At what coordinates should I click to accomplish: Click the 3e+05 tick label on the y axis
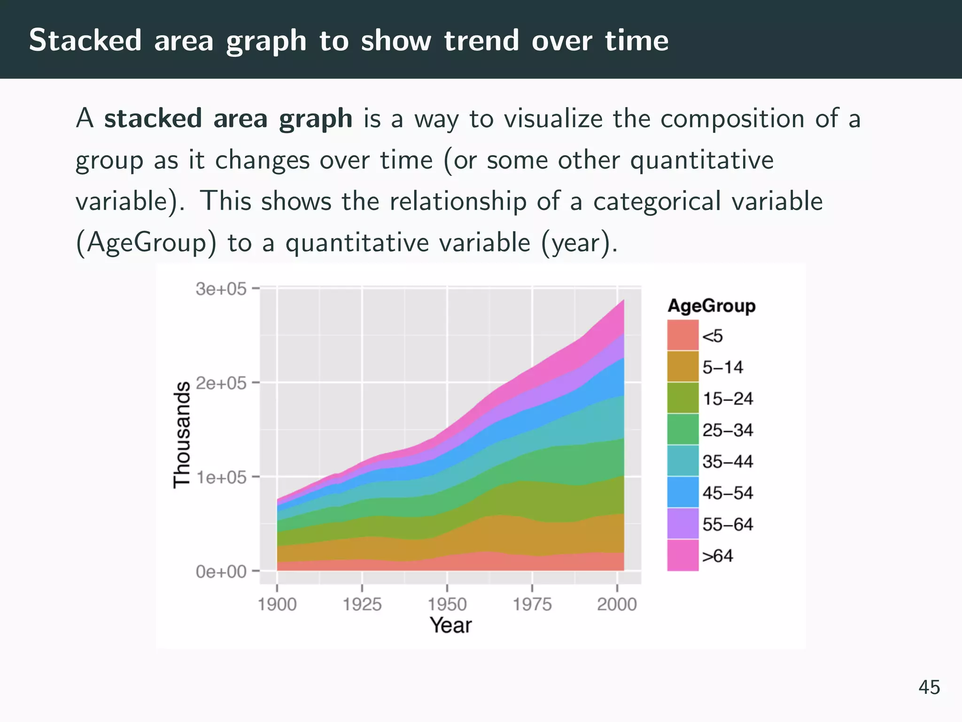tap(221, 289)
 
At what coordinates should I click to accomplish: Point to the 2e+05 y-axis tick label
tap(221, 383)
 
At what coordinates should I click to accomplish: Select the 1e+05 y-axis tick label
tap(221, 478)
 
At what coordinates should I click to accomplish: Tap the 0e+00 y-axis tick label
tap(221, 572)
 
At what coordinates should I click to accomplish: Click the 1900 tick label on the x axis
tap(277, 604)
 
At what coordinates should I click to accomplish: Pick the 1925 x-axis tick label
tap(362, 604)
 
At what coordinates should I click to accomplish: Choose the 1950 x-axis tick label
tap(447, 604)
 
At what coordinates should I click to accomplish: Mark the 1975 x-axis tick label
tap(532, 604)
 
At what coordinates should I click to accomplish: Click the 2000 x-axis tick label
tap(617, 604)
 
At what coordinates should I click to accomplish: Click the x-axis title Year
tap(450, 626)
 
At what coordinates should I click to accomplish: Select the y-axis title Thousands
tap(182, 435)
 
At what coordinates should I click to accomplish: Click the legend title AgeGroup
tap(711, 306)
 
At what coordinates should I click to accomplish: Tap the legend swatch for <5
tap(683, 335)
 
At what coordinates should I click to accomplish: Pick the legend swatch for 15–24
tap(683, 398)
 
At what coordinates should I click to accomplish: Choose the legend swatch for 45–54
tap(683, 492)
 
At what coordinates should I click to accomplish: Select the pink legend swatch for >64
tap(683, 555)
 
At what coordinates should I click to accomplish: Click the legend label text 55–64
tap(728, 524)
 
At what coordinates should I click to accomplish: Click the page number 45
tap(929, 687)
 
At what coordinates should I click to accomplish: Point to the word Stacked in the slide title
tap(85, 40)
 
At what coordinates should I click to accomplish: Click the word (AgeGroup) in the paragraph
tap(146, 243)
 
